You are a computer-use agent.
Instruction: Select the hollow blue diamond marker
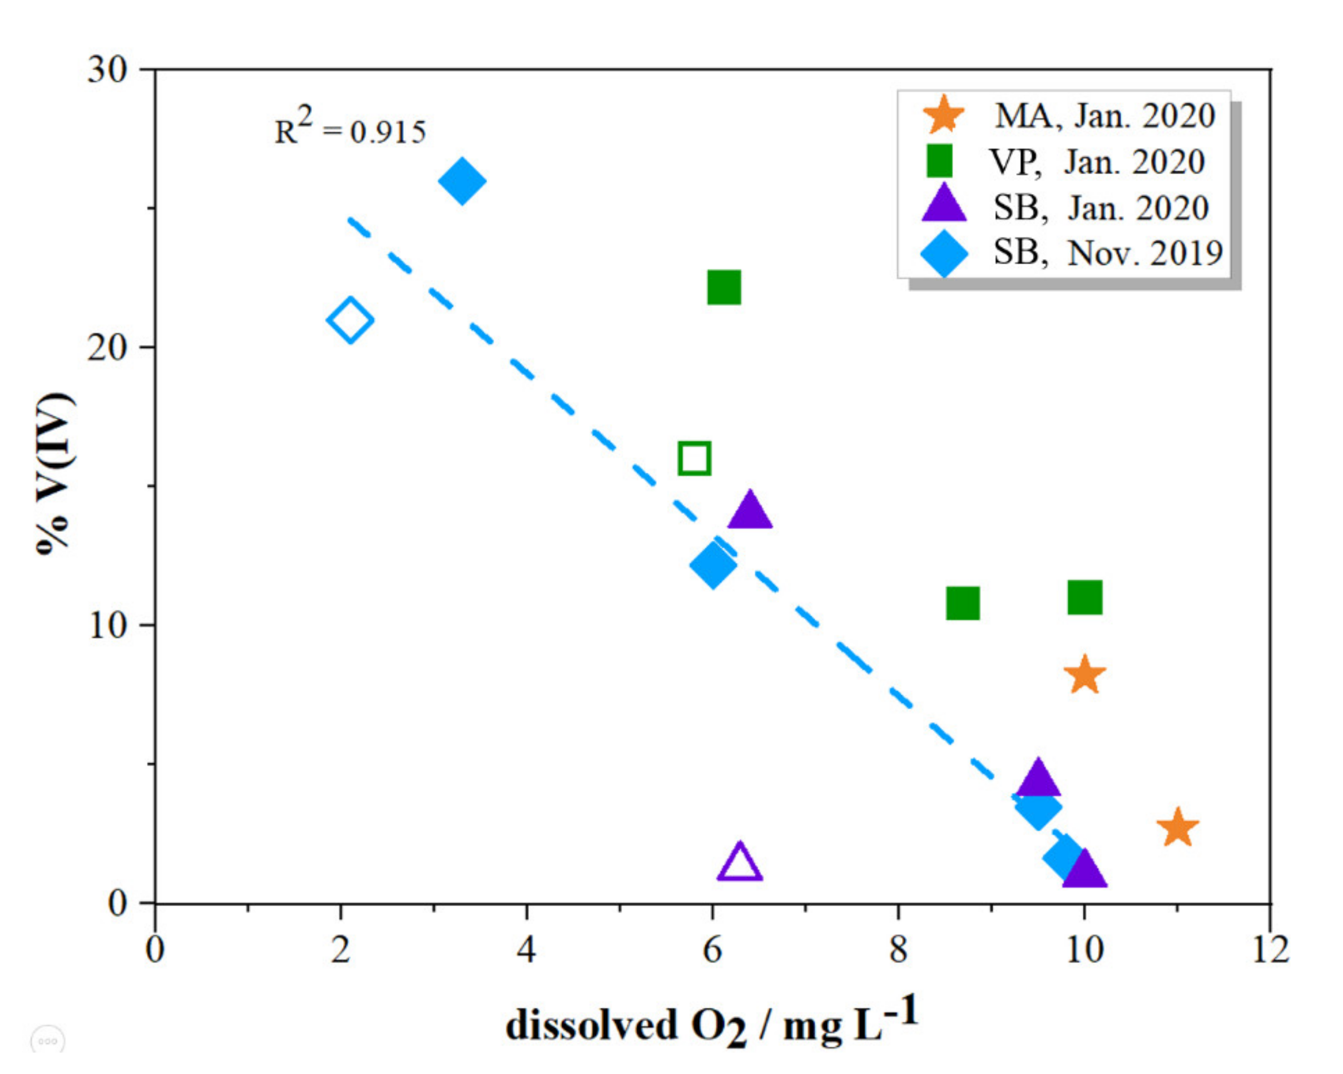[x=350, y=320]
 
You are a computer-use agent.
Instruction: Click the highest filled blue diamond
[x=462, y=181]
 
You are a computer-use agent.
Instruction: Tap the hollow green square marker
[x=695, y=458]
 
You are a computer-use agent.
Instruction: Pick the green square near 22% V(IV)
[x=724, y=287]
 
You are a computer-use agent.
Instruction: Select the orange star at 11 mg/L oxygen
[x=1177, y=829]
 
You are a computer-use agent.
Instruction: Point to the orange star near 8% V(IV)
[x=1084, y=675]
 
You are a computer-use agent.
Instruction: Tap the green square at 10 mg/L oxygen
[x=1084, y=597]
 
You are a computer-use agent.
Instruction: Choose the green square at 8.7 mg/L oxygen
[x=963, y=602]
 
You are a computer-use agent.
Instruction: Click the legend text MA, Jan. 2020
[x=1104, y=116]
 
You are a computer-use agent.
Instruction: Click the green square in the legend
[x=939, y=161]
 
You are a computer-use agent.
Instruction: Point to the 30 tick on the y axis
[x=107, y=70]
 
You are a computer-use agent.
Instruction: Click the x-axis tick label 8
[x=898, y=951]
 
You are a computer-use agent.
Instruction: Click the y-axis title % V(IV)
[x=55, y=473]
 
